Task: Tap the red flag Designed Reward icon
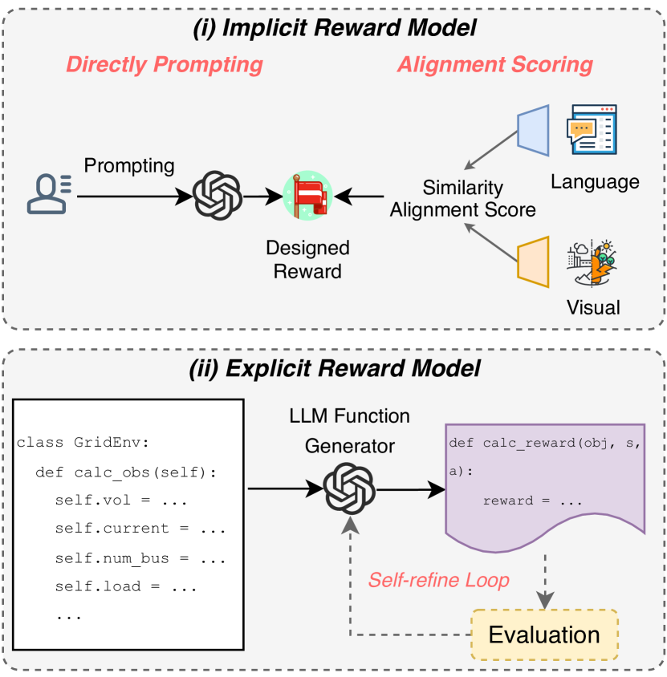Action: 307,195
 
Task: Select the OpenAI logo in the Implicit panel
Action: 218,195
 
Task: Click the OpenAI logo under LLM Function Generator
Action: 349,488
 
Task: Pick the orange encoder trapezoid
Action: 533,261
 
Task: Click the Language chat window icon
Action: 592,129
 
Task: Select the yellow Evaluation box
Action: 544,635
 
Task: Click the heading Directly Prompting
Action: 164,65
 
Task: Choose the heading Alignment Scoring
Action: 495,65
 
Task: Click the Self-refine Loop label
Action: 438,579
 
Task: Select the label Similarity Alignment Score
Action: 463,199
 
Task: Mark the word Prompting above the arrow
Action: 129,166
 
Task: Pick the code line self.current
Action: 140,529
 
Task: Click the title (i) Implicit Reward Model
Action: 334,28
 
